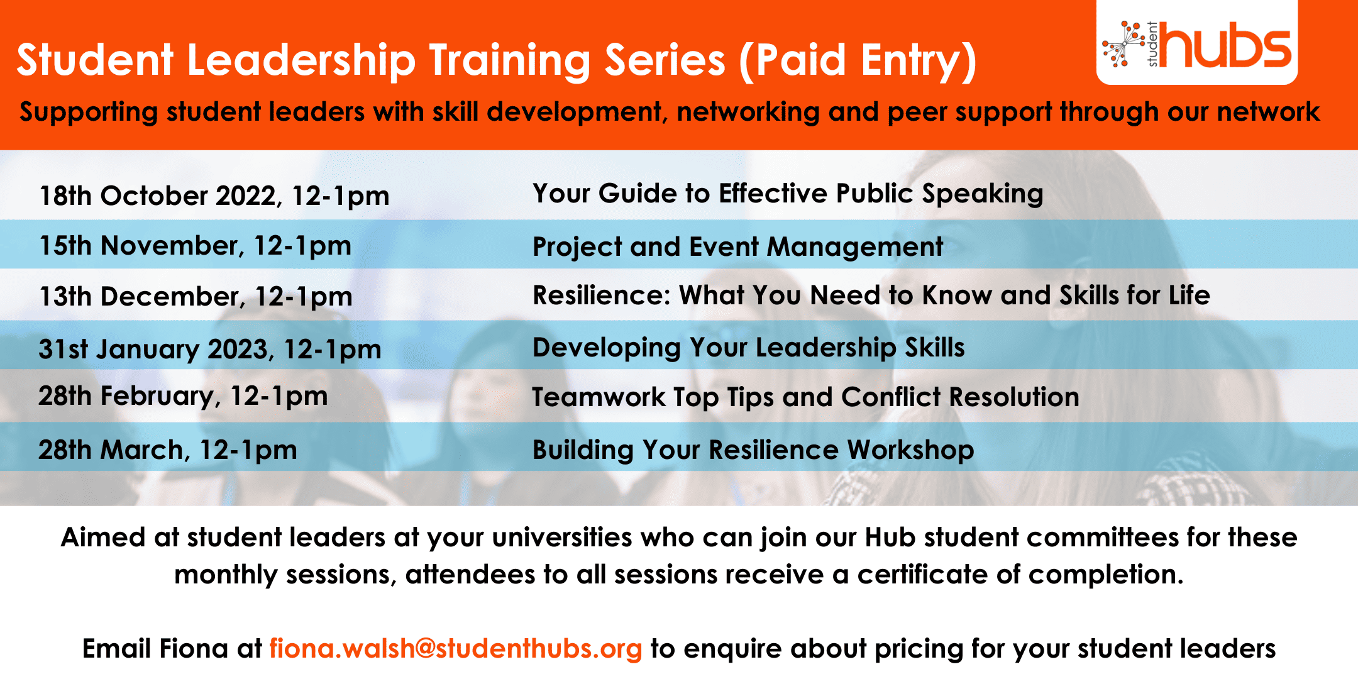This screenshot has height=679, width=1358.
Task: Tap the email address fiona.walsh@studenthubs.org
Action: tap(456, 649)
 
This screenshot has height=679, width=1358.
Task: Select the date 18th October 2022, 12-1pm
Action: tap(214, 196)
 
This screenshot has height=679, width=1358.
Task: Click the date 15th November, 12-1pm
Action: tap(196, 246)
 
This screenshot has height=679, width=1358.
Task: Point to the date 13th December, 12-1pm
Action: tap(196, 297)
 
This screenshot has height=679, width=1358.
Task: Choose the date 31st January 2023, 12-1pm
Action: tap(210, 349)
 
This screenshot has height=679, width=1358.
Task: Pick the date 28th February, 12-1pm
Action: tap(183, 396)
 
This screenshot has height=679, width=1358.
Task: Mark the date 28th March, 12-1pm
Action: tap(168, 450)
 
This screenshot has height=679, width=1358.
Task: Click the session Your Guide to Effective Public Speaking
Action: tap(788, 194)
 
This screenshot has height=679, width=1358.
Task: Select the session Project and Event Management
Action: tap(737, 247)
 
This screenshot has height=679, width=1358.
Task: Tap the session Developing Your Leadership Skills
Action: tap(748, 348)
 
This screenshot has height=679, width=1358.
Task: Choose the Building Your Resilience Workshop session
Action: tap(753, 450)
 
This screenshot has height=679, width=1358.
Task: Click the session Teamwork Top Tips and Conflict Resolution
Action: tap(805, 397)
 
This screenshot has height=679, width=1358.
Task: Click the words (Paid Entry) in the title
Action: tap(858, 61)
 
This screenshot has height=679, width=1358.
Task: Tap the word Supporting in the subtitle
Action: tap(89, 113)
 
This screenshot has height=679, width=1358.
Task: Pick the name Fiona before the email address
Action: tap(194, 649)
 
